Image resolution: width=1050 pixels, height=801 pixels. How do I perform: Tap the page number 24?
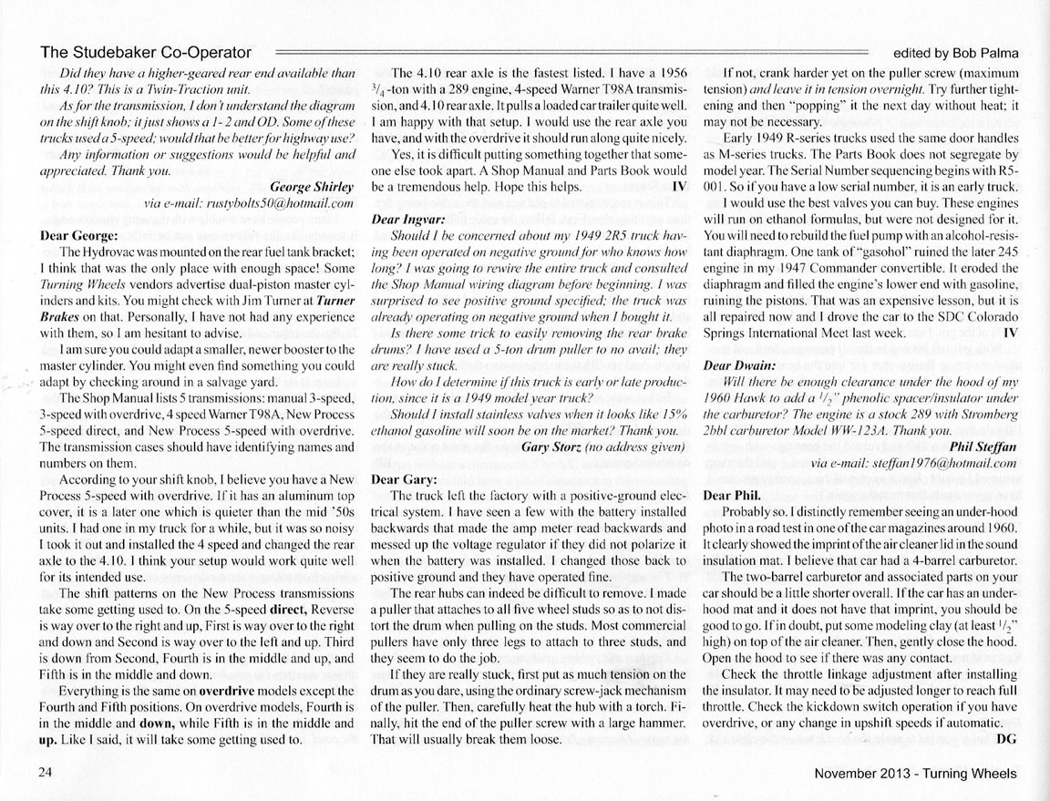[x=46, y=773]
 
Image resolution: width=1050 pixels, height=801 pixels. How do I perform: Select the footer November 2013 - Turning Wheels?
[x=915, y=774]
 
